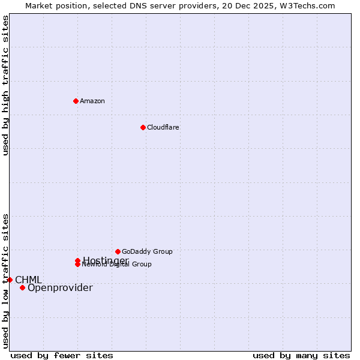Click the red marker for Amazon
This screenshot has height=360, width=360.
76,101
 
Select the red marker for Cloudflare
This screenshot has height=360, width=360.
143,127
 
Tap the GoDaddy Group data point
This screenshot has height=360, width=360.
118,251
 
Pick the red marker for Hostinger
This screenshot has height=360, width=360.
77,260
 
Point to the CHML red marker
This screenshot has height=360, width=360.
10,280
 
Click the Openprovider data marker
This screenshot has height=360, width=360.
22,287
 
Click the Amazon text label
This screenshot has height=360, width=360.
92,101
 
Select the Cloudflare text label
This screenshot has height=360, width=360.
163,127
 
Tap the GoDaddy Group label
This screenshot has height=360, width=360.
147,251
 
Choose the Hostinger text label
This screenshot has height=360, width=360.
106,260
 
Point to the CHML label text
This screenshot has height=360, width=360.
28,280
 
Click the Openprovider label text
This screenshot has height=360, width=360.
60,287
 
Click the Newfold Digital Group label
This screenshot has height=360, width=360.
118,265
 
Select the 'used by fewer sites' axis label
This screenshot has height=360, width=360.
62,355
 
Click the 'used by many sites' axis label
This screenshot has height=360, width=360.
301,355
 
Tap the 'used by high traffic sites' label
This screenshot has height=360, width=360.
5,85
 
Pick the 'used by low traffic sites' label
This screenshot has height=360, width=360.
5,281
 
